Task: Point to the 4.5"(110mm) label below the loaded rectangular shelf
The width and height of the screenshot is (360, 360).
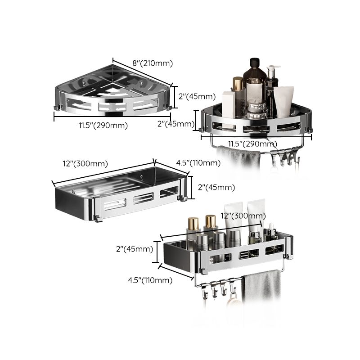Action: [x=150, y=280]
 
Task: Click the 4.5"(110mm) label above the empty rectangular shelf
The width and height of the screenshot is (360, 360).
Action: [x=198, y=163]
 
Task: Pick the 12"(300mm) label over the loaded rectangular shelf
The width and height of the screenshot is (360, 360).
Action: [x=243, y=216]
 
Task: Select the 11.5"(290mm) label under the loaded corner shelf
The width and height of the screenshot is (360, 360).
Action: [x=252, y=144]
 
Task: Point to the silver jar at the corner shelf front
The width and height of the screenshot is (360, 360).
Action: [x=255, y=108]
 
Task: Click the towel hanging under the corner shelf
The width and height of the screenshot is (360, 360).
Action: [x=238, y=157]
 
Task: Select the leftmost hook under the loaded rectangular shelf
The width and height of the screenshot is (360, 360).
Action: [x=204, y=293]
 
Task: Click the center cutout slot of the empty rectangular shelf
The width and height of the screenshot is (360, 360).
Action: [x=143, y=198]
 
